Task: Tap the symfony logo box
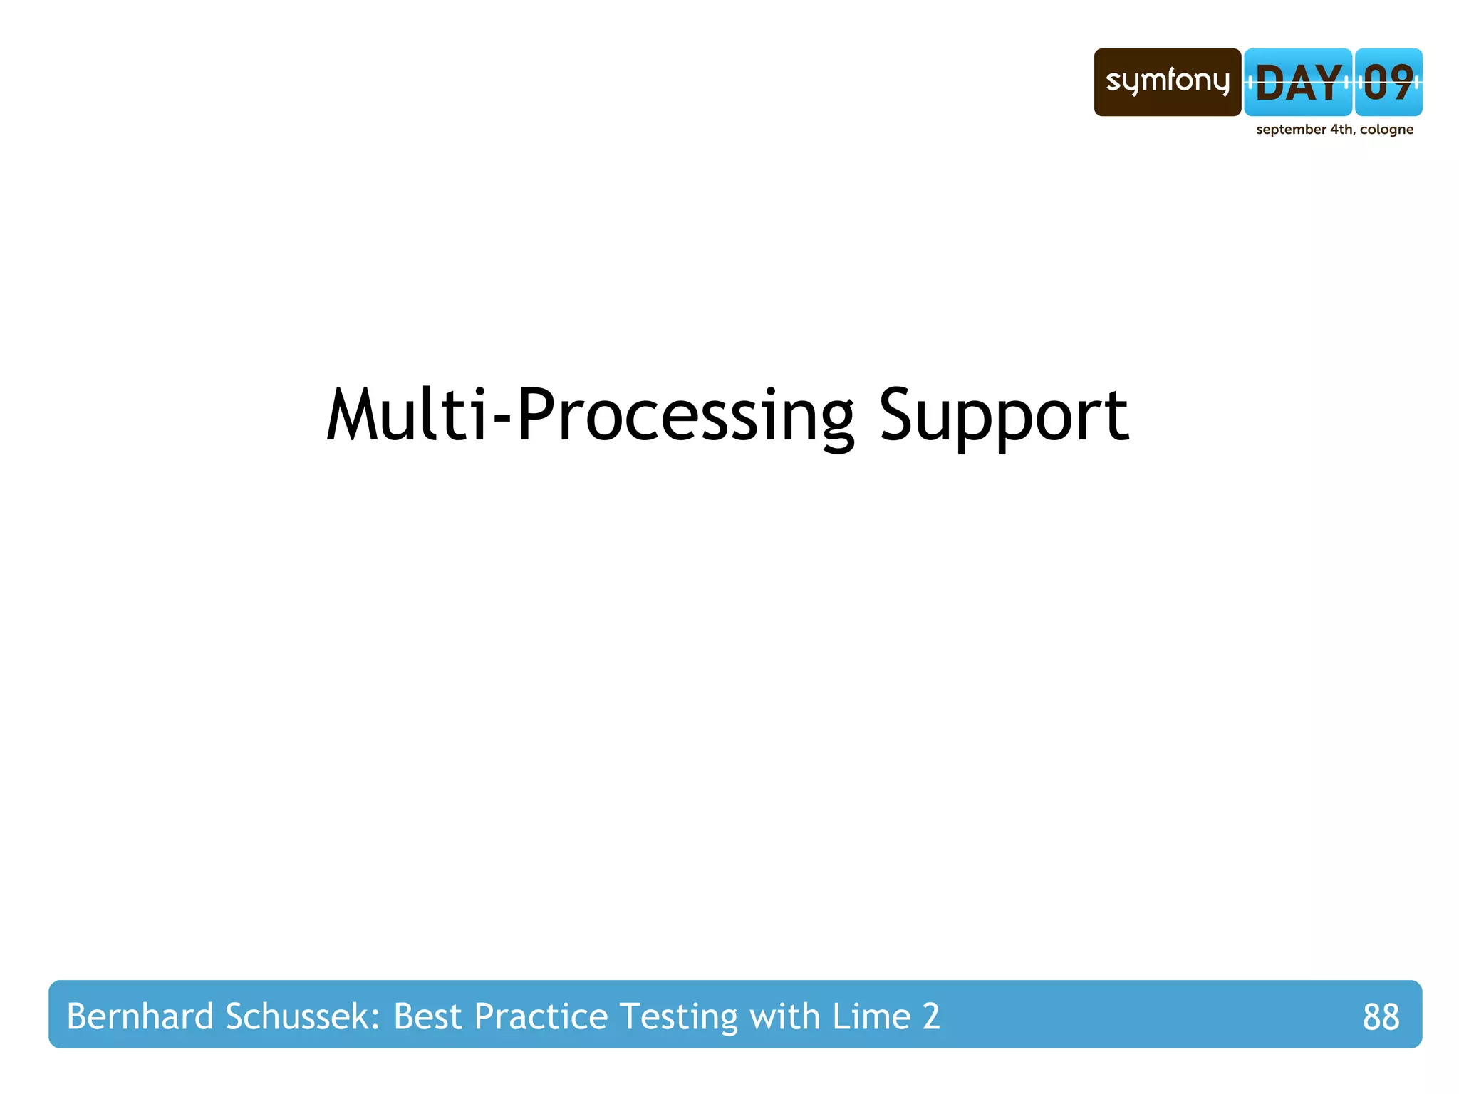click(x=1167, y=82)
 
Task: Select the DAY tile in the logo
click(x=1298, y=83)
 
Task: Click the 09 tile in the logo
click(x=1388, y=83)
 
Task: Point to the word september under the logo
click(x=1291, y=130)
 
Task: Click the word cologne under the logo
click(x=1386, y=130)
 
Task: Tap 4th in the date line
click(x=1341, y=130)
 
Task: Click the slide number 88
click(x=1381, y=1016)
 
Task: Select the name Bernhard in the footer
click(x=140, y=1016)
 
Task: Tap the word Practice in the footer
click(x=541, y=1016)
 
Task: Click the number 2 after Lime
click(x=931, y=1016)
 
